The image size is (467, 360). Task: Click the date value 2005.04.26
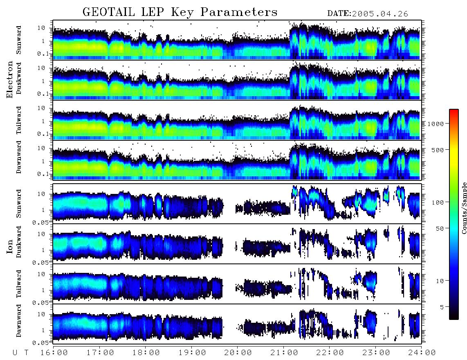pos(380,14)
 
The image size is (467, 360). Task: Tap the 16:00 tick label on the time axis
pos(54,353)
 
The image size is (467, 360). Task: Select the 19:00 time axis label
pos(192,353)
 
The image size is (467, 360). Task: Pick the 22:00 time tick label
pos(330,353)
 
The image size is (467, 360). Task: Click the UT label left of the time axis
pos(21,353)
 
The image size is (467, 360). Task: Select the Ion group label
pos(9,247)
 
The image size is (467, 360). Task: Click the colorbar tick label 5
pos(442,307)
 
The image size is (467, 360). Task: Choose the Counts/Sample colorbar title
pos(464,208)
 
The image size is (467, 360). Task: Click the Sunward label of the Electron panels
pos(19,40)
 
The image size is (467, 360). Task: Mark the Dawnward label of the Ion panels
pos(19,320)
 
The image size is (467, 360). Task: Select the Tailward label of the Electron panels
pos(19,120)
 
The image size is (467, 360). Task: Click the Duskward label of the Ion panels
pos(19,242)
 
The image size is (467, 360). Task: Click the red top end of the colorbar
pos(454,111)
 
